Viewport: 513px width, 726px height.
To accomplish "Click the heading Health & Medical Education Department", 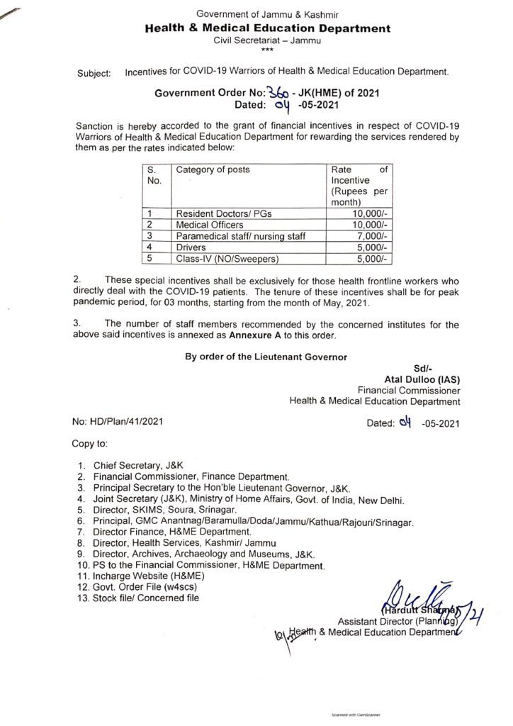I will pos(267,28).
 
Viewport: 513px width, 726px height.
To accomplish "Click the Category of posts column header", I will pos(213,170).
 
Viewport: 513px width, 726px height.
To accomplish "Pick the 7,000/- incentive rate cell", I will pos(375,235).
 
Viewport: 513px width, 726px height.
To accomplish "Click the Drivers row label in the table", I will pos(191,247).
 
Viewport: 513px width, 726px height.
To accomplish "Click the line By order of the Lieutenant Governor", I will pos(266,357).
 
